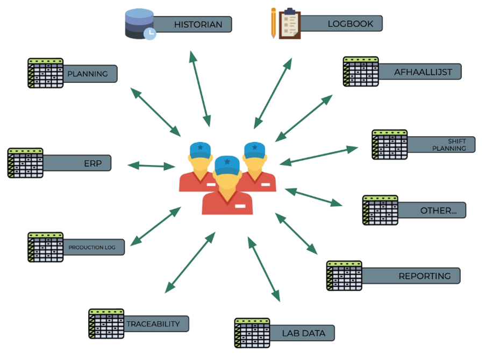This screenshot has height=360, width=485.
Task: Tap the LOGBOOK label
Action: coord(350,24)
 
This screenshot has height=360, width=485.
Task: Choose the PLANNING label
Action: coord(87,74)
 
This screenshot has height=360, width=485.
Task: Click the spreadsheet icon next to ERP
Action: coord(25,163)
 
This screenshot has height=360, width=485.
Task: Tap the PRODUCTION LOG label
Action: coord(91,248)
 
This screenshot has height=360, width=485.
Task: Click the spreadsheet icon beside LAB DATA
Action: coord(252,333)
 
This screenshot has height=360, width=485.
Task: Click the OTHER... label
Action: coord(438,210)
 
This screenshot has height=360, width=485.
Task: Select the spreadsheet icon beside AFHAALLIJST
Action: coord(361,72)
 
